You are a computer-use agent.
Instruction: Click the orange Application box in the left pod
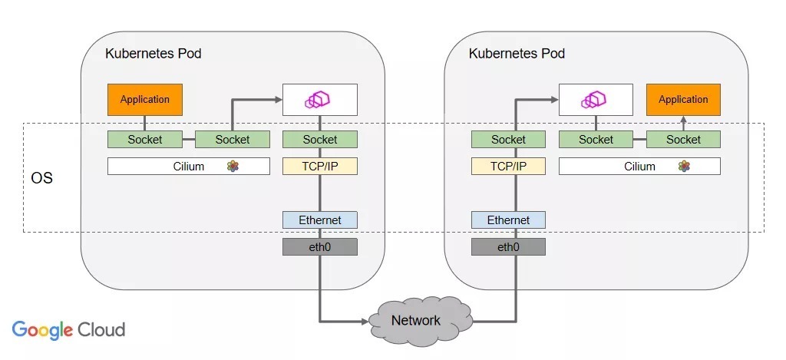[144, 100]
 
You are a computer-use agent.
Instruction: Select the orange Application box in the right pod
[683, 100]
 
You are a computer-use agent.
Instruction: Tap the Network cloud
[416, 320]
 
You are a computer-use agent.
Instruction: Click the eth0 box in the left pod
[320, 247]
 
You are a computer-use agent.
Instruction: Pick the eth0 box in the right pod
[508, 247]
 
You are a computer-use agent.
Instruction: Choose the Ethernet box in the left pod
[320, 220]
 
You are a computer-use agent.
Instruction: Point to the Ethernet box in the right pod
[508, 220]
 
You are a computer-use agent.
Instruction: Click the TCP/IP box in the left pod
[320, 166]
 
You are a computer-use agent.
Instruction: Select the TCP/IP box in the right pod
[508, 166]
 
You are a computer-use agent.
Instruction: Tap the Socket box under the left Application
[144, 140]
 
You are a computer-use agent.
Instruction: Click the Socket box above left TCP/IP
[320, 140]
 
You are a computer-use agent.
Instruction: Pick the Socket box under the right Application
[683, 140]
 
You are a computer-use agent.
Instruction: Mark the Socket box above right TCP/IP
[508, 140]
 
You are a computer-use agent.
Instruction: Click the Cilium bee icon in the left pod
[233, 166]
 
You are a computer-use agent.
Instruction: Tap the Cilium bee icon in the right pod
[684, 166]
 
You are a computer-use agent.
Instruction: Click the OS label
[41, 178]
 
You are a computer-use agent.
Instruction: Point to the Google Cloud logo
[68, 330]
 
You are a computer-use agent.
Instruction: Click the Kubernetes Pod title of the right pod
[517, 54]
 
